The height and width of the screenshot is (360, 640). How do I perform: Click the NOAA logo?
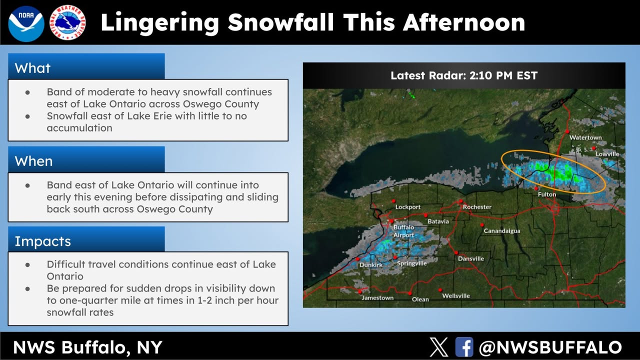tap(26, 23)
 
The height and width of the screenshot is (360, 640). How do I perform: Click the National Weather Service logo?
tap(67, 22)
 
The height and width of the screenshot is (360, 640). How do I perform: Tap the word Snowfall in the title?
tap(280, 22)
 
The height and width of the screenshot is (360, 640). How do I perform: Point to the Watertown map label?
tap(585, 137)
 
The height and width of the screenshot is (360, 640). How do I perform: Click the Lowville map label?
tap(607, 154)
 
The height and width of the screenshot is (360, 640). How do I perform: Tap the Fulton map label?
tap(547, 194)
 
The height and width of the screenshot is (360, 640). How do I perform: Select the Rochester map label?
tap(477, 207)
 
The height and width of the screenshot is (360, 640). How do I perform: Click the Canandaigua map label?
tap(502, 231)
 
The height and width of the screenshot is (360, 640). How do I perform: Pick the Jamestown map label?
tap(377, 297)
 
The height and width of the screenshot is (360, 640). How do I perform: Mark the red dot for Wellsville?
tap(440, 290)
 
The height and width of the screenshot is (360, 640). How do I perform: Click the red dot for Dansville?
tap(456, 253)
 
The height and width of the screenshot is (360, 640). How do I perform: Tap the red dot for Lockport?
tap(393, 201)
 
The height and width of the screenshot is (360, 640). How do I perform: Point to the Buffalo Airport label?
tap(403, 231)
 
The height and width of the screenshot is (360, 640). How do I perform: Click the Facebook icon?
tap(464, 347)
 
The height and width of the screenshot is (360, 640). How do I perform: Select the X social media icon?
tap(439, 347)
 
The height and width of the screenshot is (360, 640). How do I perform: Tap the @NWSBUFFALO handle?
tap(550, 347)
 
